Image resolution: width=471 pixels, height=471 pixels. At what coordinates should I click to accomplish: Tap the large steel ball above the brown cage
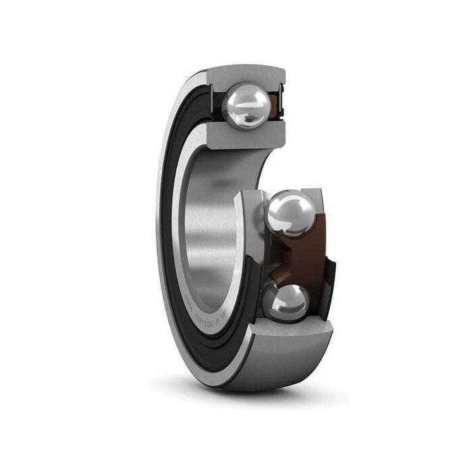[x=289, y=214]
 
